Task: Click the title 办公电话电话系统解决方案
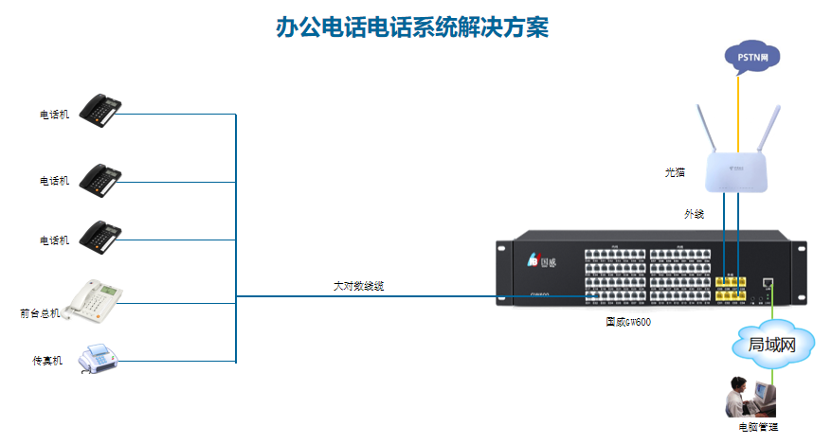411,27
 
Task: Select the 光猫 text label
675,172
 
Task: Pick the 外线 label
694,214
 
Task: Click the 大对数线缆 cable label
358,285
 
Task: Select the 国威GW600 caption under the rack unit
628,322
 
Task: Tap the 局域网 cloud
770,344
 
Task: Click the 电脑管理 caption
758,427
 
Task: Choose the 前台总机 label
39,312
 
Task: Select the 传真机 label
47,361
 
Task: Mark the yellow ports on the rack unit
730,288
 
